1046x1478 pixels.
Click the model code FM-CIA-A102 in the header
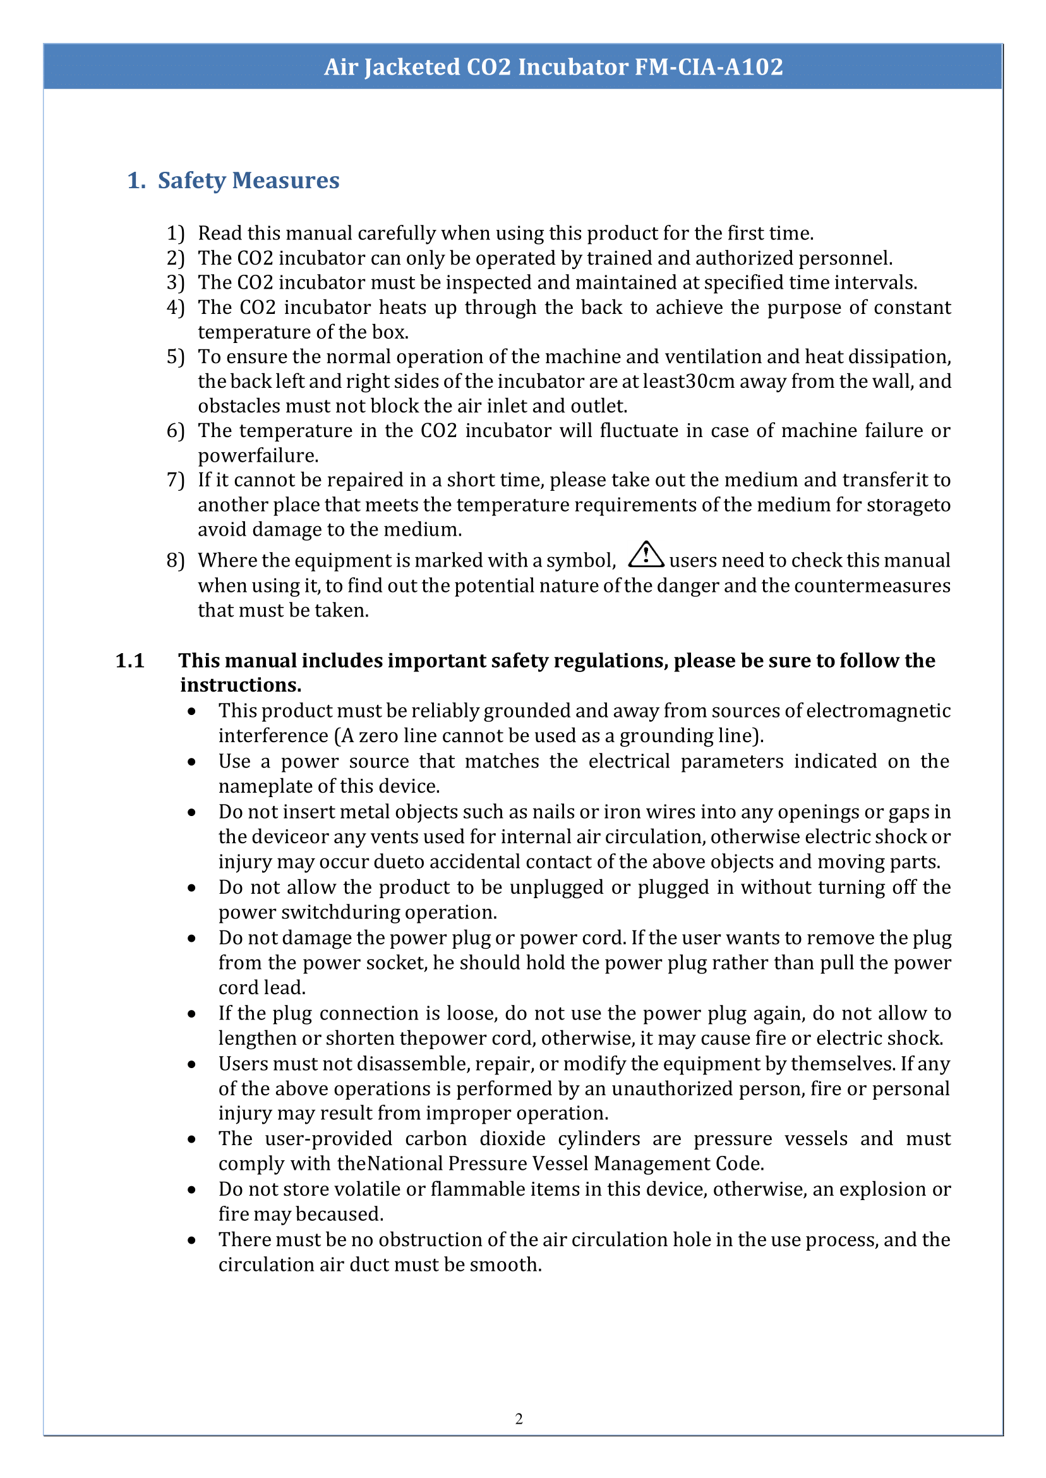[x=709, y=67]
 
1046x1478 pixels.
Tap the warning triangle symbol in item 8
[x=646, y=555]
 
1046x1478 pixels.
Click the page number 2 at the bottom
[x=519, y=1419]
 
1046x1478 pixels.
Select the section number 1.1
[x=129, y=661]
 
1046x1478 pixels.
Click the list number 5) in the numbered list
[x=175, y=357]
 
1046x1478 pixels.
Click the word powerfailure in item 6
[x=258, y=455]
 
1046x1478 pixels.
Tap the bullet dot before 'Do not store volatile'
[x=191, y=1189]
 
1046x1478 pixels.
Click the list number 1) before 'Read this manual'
[x=175, y=233]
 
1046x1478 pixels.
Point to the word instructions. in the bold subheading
[x=240, y=685]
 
